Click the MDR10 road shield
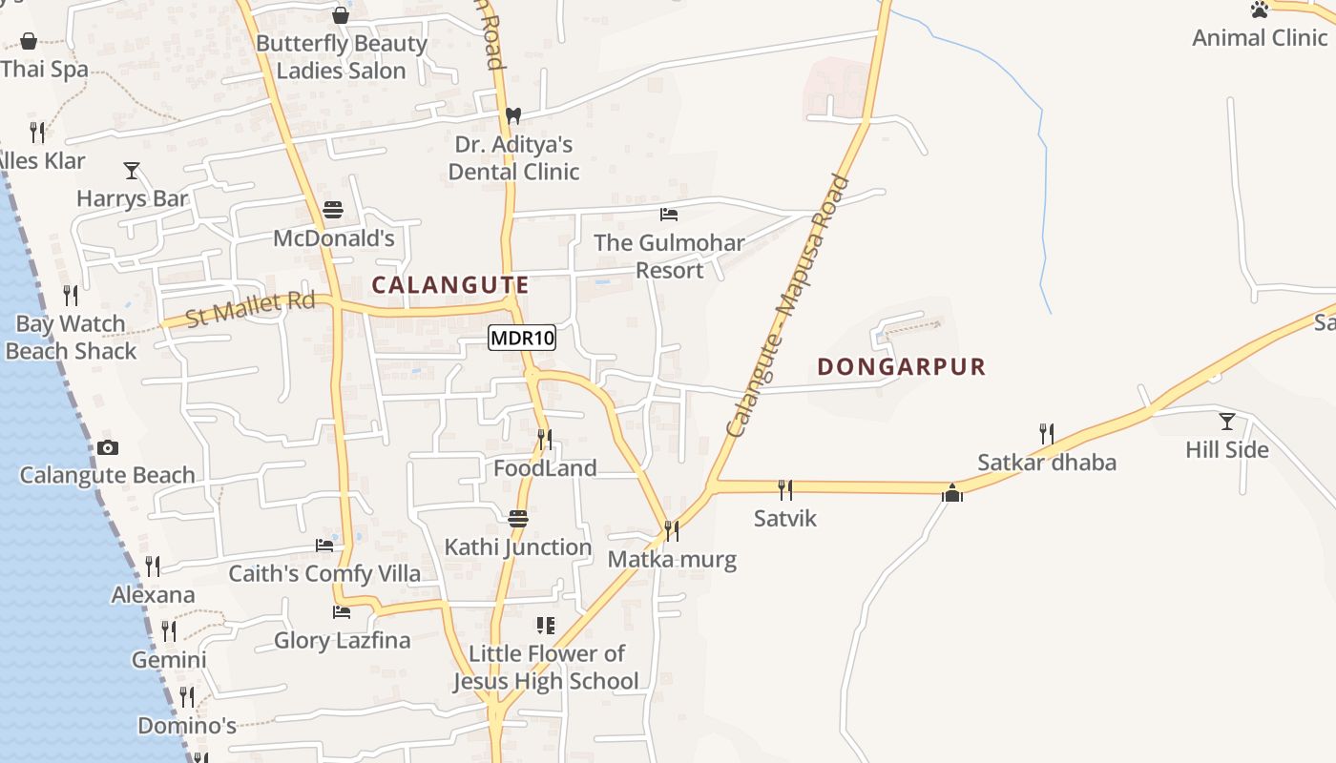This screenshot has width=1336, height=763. (522, 338)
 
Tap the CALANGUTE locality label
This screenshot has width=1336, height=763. (449, 285)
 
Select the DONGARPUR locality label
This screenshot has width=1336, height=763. (901, 366)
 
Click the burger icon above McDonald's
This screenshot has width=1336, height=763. (333, 209)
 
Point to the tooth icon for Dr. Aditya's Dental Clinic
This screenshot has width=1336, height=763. (513, 115)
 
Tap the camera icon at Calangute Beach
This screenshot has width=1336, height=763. (108, 447)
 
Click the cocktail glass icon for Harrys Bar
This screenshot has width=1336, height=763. (132, 171)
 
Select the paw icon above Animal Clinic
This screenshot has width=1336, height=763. (1260, 10)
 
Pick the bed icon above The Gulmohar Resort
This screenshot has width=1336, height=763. (669, 214)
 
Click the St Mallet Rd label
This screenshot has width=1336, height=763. (250, 309)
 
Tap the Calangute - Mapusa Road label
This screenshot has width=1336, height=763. (787, 305)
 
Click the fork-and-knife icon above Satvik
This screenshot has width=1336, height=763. (785, 490)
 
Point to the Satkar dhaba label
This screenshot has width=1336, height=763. (1047, 464)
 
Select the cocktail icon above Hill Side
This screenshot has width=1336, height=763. (1227, 421)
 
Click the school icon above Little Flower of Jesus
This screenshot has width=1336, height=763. (546, 626)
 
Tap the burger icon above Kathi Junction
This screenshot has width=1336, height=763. (518, 519)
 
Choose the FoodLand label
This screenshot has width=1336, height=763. (545, 468)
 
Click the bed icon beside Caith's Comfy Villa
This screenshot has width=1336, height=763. (324, 546)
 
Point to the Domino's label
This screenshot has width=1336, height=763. (187, 726)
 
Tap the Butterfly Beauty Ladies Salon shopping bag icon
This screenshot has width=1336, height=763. (341, 15)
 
